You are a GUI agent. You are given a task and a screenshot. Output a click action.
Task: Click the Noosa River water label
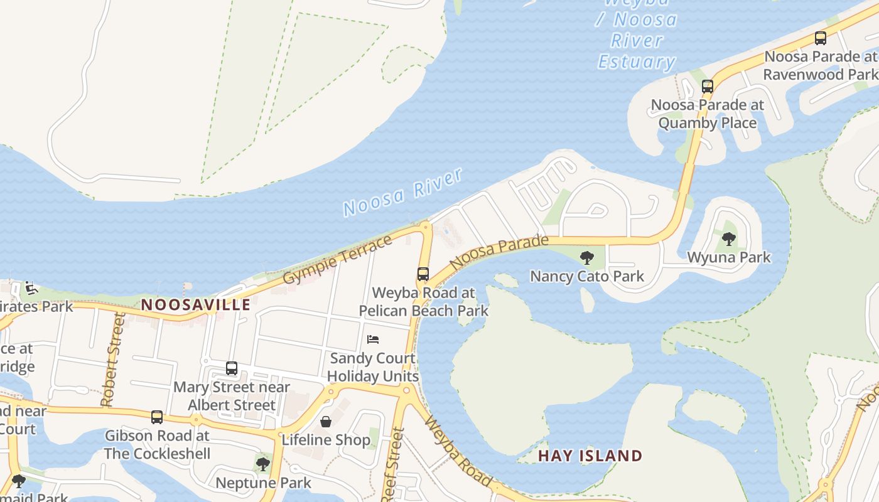click(403, 192)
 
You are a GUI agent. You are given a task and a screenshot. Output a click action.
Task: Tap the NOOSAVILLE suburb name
click(196, 305)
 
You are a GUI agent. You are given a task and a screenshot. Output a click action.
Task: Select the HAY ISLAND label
click(590, 456)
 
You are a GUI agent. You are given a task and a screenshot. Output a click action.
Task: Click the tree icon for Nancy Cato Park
click(587, 257)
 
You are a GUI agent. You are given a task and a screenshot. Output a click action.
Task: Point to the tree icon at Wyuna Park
click(729, 238)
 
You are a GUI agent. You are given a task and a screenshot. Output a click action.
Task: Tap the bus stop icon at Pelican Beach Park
click(423, 274)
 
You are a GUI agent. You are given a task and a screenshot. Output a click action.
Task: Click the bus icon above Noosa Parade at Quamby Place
click(708, 87)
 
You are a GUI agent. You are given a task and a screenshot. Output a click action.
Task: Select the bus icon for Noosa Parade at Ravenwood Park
click(820, 38)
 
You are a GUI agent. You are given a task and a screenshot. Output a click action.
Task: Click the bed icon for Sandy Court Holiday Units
click(373, 339)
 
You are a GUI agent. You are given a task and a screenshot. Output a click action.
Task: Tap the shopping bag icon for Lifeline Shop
click(326, 422)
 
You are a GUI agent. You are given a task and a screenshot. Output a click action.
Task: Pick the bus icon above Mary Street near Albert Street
click(232, 368)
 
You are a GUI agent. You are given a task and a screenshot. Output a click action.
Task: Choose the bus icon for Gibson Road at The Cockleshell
click(157, 417)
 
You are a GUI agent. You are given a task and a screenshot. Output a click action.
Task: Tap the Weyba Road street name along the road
click(458, 451)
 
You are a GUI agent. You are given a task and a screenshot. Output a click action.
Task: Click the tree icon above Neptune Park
click(263, 464)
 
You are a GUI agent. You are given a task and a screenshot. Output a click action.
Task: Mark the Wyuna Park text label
click(729, 257)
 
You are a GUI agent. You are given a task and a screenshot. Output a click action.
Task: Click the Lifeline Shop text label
click(326, 440)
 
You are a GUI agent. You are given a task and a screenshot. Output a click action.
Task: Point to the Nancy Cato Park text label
click(587, 276)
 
